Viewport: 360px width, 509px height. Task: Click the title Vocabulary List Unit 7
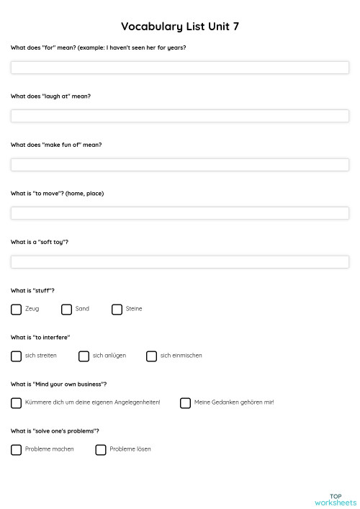180,27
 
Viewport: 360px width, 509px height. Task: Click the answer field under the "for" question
179,68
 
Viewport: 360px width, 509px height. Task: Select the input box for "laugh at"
179,116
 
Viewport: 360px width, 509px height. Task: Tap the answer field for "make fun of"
179,165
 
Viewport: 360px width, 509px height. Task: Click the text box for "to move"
179,213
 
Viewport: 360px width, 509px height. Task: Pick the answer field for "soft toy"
179,262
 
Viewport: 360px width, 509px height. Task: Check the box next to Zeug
17,310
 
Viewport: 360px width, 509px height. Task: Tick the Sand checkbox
67,310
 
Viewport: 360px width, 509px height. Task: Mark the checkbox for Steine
117,310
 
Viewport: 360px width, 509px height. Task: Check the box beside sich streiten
17,356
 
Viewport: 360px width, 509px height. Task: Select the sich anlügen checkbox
84,356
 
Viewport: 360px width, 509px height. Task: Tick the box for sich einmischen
152,356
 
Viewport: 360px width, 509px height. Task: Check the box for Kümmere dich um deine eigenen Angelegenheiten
17,403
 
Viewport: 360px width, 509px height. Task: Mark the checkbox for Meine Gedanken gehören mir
186,403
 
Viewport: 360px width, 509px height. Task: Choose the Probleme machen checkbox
17,450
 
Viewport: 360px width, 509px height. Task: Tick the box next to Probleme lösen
102,450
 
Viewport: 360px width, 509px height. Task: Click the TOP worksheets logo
335,499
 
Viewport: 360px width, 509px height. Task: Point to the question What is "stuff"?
32,291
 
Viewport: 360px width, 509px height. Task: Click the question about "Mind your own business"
59,384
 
